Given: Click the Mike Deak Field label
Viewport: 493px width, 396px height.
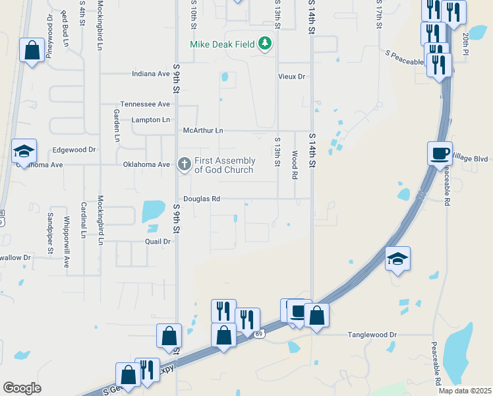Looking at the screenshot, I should click(222, 44).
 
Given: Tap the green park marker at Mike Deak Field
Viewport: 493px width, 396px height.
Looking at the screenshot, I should click(265, 44).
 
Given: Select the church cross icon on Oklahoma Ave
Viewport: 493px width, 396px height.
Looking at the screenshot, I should click(185, 164).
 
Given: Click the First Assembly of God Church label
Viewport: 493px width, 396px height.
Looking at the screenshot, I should click(225, 166).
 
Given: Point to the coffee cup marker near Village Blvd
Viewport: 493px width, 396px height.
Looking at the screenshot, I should click(440, 154).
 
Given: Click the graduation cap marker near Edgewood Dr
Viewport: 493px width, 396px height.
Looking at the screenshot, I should click(24, 152).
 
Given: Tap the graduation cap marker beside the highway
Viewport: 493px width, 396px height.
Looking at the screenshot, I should click(397, 258).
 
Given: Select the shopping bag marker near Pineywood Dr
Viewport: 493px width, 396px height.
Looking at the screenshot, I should click(32, 50).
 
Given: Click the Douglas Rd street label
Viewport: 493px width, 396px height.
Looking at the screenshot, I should click(202, 199).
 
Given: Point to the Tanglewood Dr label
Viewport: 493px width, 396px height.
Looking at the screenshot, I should click(372, 335).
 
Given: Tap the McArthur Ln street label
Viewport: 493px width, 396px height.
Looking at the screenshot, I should click(204, 131).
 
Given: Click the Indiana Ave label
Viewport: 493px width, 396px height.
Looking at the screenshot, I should click(151, 74).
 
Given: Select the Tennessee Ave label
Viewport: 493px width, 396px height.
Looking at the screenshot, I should click(145, 104).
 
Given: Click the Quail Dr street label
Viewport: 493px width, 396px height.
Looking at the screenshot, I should click(158, 242).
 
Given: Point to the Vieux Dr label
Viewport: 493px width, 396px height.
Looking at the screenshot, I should click(291, 77).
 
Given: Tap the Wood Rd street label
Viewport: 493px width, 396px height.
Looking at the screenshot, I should click(295, 165).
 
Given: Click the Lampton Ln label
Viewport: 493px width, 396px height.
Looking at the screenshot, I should click(150, 119).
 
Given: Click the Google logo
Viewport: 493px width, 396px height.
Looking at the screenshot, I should click(22, 388).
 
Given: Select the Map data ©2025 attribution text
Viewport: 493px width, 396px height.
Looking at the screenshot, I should click(464, 391).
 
